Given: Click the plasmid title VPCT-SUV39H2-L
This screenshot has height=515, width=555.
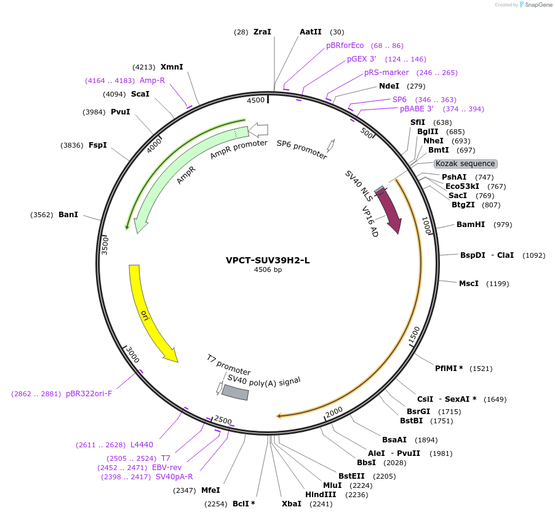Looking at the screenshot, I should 268,260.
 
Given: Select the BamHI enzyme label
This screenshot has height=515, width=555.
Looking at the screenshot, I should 471,225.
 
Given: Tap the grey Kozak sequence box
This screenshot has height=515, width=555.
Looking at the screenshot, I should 465,164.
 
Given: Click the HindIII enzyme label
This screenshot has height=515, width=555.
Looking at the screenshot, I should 321,495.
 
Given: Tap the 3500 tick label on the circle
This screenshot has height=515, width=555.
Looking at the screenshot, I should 105,245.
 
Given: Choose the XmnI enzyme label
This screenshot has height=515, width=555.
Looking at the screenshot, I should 172,67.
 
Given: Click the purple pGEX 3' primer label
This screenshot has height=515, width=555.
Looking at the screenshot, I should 361,59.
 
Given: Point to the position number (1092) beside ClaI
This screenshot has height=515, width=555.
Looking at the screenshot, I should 533,255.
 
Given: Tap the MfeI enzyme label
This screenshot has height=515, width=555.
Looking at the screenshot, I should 210,490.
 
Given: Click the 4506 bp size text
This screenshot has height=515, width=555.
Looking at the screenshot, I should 268,269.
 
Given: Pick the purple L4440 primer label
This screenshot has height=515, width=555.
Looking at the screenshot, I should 142,445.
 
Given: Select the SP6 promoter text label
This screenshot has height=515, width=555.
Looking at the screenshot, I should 301,149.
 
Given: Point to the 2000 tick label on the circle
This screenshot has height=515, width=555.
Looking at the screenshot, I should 333,411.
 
